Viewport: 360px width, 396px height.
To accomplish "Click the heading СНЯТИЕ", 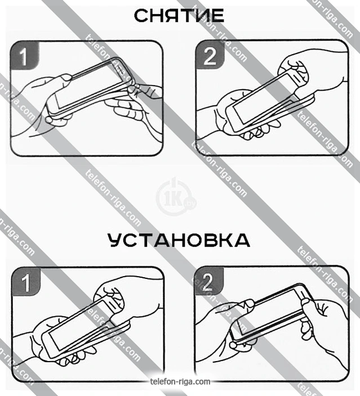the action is tap(179, 16).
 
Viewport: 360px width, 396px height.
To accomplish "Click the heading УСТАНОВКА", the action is tap(179, 240).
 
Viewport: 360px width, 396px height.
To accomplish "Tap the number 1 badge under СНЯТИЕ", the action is tap(25, 56).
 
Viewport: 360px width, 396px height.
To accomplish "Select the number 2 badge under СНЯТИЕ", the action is tap(210, 55).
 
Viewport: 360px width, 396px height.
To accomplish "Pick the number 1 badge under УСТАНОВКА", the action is tap(26, 281).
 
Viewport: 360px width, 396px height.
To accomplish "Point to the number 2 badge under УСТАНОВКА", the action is tap(209, 281).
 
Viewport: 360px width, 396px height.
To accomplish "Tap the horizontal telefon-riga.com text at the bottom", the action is tap(180, 381).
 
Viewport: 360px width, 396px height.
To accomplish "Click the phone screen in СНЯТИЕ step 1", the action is tap(90, 86).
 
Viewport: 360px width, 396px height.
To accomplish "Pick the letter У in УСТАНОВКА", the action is tap(115, 240).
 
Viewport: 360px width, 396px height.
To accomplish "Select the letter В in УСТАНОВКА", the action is tap(208, 240).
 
